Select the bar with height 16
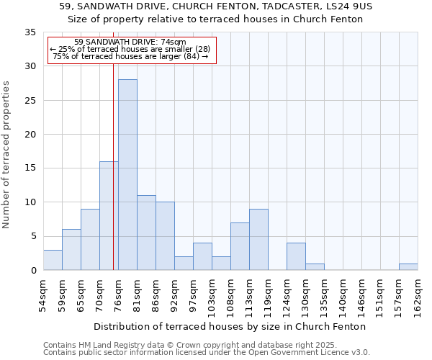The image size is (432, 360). pos(109,216)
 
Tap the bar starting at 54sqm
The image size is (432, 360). pos(53,260)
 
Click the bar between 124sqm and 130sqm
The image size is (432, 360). pos(296,256)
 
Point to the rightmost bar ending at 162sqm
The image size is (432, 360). pos(408,267)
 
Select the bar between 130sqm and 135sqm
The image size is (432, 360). pos(315,267)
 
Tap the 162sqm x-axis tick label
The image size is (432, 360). pos(418,296)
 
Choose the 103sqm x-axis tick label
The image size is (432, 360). pos(212,296)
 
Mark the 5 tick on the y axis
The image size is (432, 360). pos(32,236)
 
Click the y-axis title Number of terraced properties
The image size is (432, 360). pos(7,154)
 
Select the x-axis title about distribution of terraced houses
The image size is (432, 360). pos(230,326)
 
